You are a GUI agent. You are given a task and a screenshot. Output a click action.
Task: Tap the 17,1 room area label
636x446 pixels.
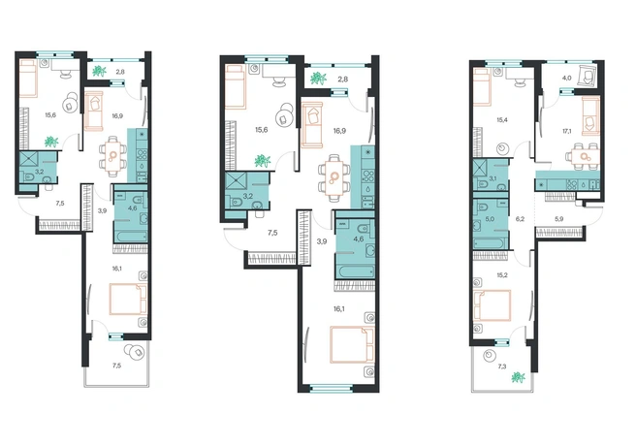tap(567, 131)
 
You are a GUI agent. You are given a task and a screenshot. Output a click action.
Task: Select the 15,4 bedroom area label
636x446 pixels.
tap(502, 120)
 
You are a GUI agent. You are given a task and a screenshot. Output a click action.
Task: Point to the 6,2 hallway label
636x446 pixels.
tap(520, 219)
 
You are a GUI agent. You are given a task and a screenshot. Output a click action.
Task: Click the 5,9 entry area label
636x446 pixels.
tap(559, 219)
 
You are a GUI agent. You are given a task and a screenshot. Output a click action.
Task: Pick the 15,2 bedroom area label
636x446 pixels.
tap(502, 275)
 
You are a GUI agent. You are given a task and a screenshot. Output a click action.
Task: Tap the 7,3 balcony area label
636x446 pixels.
tap(502, 366)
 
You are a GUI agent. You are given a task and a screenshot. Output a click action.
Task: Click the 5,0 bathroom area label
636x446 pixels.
tap(490, 219)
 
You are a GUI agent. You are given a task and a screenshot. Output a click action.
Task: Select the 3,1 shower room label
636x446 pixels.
tap(493, 178)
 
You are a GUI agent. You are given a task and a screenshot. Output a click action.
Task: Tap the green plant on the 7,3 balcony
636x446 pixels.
tap(518, 378)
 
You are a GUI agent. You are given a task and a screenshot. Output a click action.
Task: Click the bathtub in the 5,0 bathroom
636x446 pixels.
tap(490, 243)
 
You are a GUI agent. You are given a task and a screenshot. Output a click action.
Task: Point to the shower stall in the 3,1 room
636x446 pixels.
tap(481, 168)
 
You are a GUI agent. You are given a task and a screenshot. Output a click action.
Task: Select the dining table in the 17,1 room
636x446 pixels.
tap(584, 157)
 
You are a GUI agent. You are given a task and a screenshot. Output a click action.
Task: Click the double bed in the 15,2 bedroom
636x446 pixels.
tap(492, 305)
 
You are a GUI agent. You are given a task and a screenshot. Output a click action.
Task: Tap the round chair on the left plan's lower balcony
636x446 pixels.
tap(134, 351)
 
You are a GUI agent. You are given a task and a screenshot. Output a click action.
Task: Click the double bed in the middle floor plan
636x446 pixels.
tap(352, 344)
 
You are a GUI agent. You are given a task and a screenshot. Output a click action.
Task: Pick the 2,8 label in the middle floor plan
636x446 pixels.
tap(343, 80)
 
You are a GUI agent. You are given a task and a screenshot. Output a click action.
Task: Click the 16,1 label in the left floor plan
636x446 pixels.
tap(116, 268)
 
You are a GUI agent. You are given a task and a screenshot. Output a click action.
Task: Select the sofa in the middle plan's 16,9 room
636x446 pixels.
tap(312, 124)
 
